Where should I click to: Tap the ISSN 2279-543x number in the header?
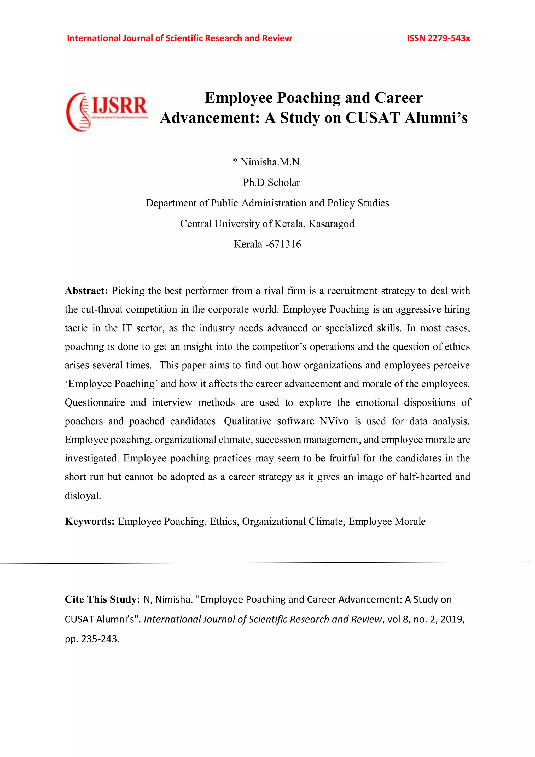438,38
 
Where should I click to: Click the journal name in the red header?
179,38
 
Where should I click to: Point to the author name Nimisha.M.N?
271,162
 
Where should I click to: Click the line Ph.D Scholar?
271,183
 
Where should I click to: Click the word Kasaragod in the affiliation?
331,224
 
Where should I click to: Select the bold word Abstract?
86,291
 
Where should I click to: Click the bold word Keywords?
90,521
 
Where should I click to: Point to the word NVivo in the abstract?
334,421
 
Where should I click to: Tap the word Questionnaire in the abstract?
95,403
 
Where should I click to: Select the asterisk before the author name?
235,161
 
